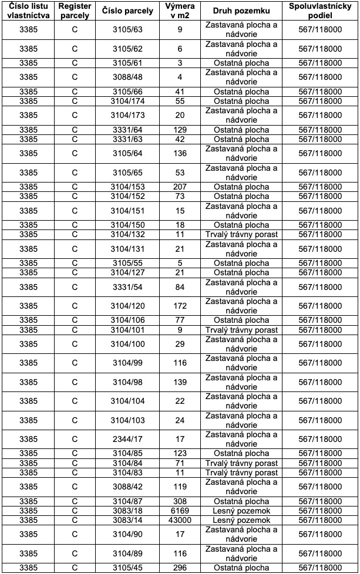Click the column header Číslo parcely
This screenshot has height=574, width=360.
127,11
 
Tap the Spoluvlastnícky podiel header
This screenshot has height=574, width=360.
319,11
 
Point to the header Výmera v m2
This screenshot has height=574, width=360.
180,11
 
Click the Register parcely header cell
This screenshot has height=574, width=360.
75,11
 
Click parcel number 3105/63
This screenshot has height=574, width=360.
127,30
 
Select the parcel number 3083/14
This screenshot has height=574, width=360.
127,521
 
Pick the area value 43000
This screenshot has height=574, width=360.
180,521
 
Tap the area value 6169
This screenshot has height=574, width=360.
180,511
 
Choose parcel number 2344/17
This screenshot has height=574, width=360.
127,439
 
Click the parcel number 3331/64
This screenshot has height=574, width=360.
127,130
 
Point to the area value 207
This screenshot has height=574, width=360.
180,187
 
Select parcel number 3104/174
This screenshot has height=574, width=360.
127,101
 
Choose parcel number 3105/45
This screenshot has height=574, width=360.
127,568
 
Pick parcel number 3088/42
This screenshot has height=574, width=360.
127,487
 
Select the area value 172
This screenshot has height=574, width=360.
180,306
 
